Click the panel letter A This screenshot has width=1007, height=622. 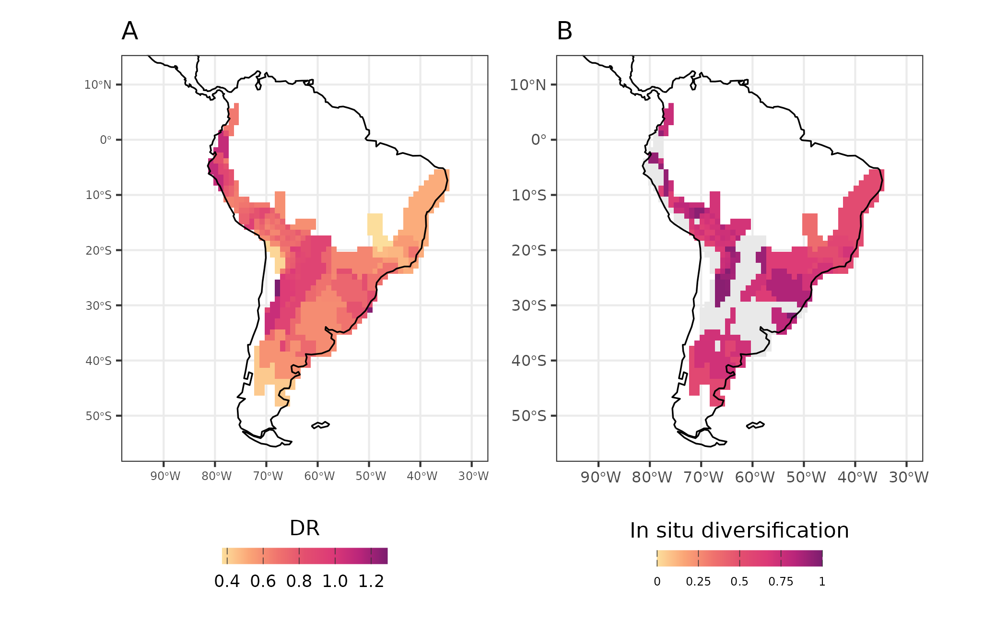(130, 32)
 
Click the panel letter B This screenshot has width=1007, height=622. (564, 32)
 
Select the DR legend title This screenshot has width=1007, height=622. (304, 528)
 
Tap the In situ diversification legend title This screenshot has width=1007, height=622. (739, 530)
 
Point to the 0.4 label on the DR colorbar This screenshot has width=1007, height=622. (227, 581)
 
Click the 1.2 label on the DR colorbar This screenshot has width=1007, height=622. (371, 581)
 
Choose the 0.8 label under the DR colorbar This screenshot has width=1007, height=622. (299, 581)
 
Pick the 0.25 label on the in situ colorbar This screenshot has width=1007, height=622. (698, 582)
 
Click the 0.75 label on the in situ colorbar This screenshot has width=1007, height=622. (781, 582)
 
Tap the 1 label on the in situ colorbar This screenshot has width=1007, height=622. (822, 582)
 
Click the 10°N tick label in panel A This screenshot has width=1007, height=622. (98, 85)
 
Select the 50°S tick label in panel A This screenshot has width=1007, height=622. (98, 416)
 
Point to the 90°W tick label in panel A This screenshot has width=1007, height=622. (165, 476)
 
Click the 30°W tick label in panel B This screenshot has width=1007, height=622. (909, 478)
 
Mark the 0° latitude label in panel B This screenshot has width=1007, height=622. (539, 140)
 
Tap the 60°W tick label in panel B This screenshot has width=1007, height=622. (755, 478)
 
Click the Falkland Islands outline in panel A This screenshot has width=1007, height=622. (320, 425)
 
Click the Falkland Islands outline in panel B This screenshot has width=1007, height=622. (755, 425)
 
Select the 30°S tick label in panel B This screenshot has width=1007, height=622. (528, 305)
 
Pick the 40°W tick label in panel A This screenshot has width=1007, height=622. (422, 476)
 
